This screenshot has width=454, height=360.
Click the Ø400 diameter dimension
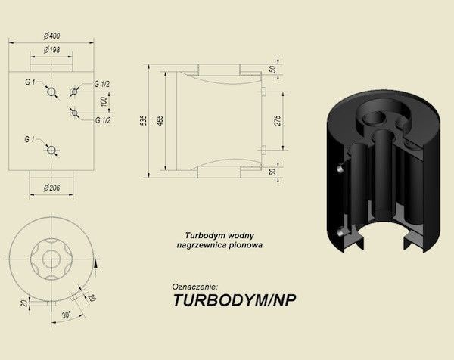point(51,36)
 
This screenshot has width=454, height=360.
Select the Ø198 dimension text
point(51,50)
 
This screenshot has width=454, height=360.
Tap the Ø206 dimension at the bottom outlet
point(51,188)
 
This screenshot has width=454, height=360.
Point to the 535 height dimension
point(143,120)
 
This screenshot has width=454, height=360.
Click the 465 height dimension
point(160,120)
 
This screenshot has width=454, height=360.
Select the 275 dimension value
point(278,120)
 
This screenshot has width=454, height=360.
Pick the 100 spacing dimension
point(104,102)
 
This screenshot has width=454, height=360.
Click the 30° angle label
point(67,315)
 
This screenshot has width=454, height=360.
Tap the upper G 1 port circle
point(51,92)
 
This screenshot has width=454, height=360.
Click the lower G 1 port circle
point(51,151)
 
